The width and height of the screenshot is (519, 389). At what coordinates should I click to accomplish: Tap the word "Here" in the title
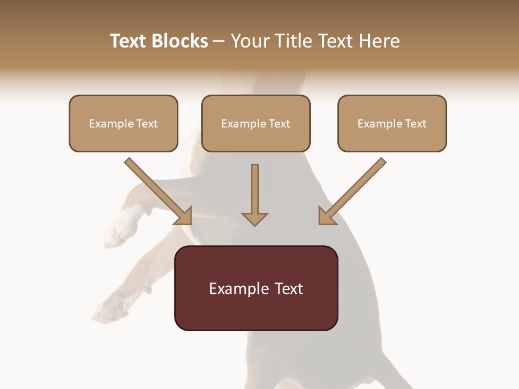[x=378, y=41]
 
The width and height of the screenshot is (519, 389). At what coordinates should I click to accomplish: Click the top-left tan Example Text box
[x=123, y=123]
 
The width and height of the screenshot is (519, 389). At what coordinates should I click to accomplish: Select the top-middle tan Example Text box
[x=256, y=123]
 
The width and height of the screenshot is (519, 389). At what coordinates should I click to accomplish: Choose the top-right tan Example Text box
[x=392, y=123]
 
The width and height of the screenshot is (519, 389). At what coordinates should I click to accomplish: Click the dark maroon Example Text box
[x=256, y=288]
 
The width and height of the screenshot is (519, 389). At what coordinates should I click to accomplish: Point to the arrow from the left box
[x=157, y=189]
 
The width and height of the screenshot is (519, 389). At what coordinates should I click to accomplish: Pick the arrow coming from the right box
[x=354, y=189]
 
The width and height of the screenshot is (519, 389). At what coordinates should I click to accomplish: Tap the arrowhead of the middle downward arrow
[x=255, y=219]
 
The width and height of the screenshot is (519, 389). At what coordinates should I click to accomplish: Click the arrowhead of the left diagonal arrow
[x=184, y=216]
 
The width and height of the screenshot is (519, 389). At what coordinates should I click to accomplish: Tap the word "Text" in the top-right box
[x=416, y=124]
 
